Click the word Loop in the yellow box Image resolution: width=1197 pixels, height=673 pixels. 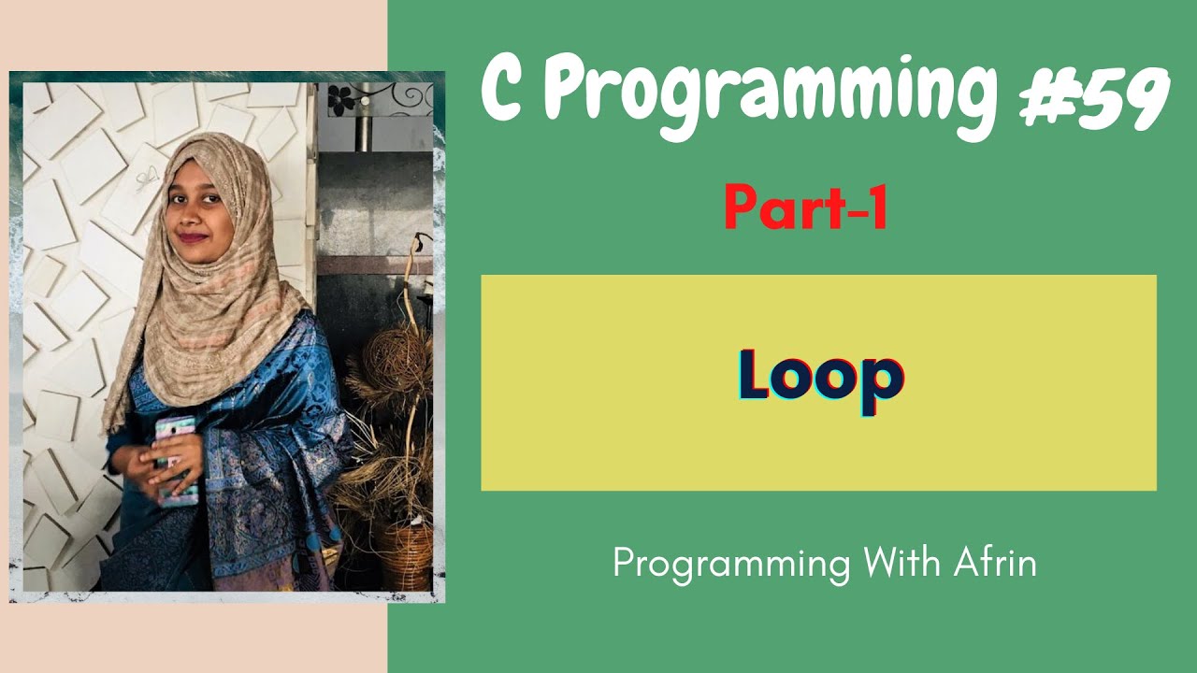tap(820, 376)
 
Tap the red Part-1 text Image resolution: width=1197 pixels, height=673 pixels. tap(805, 209)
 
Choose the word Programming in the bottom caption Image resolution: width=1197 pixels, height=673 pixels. tap(731, 566)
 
